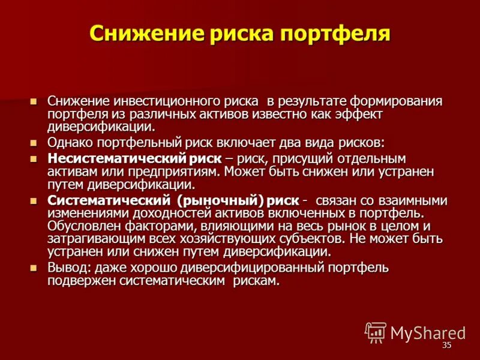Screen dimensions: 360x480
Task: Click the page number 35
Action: point(446,346)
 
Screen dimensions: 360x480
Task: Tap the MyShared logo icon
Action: point(376,332)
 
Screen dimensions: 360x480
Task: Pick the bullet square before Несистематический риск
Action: point(34,159)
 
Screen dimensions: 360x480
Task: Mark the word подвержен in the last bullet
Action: point(79,281)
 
